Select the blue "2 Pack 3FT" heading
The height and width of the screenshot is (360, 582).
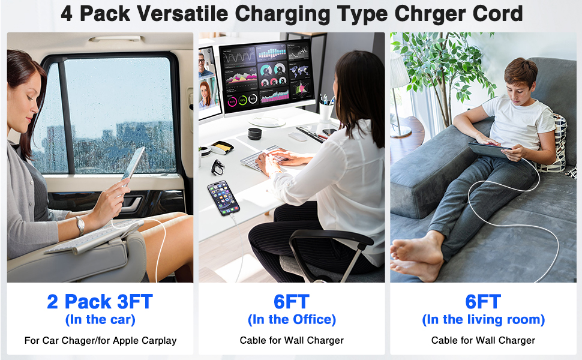point(100,301)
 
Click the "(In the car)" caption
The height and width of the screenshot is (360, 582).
point(100,320)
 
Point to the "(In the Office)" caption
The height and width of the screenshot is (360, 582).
point(292,320)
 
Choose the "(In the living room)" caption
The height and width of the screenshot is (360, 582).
point(483,320)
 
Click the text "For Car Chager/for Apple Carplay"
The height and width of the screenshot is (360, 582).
point(100,340)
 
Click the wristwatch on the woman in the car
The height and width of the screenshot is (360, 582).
point(80,224)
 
